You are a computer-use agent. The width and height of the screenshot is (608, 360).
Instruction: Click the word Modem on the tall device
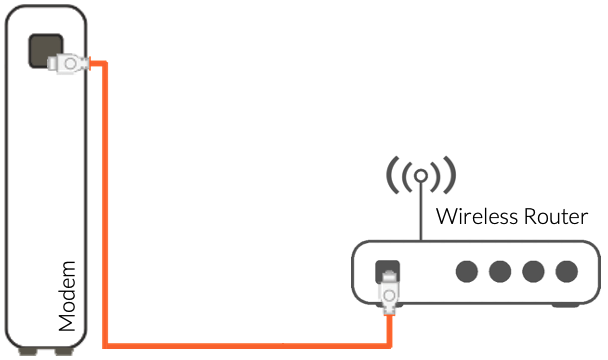click(x=67, y=296)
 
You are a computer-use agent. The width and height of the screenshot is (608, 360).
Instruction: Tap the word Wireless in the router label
click(x=475, y=216)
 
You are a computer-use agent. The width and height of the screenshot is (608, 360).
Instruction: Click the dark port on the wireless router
click(x=387, y=271)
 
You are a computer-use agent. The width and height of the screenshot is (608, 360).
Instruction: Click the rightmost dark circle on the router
click(x=567, y=272)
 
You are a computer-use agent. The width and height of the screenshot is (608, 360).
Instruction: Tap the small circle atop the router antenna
click(x=421, y=177)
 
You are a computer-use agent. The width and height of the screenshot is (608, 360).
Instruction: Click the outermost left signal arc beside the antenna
click(x=391, y=177)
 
